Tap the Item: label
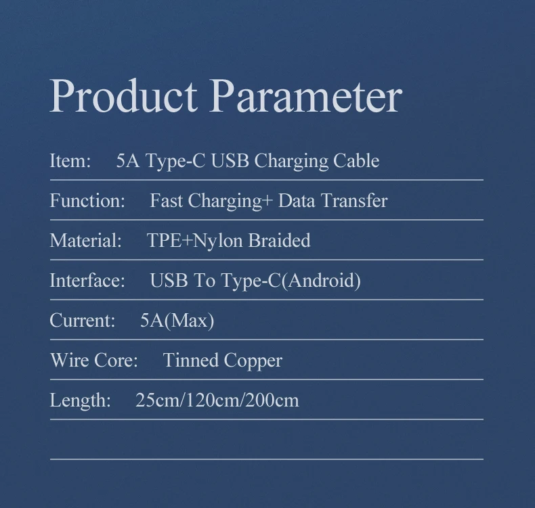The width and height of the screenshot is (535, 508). pyautogui.click(x=70, y=160)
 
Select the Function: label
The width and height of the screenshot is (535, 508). pyautogui.click(x=87, y=200)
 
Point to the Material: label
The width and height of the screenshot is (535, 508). pyautogui.click(x=85, y=240)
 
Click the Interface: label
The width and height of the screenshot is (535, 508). pyautogui.click(x=87, y=280)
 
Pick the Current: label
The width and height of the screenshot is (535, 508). pyautogui.click(x=83, y=320)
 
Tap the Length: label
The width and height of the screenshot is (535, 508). pyautogui.click(x=80, y=400)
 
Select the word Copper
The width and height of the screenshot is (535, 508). pyautogui.click(x=253, y=361)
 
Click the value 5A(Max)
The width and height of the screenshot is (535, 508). pyautogui.click(x=177, y=321)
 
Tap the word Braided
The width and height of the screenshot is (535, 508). pyautogui.click(x=279, y=240)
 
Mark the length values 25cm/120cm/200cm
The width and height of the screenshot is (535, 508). pyautogui.click(x=217, y=400)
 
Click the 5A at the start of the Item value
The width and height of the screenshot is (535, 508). pyautogui.click(x=128, y=160)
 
